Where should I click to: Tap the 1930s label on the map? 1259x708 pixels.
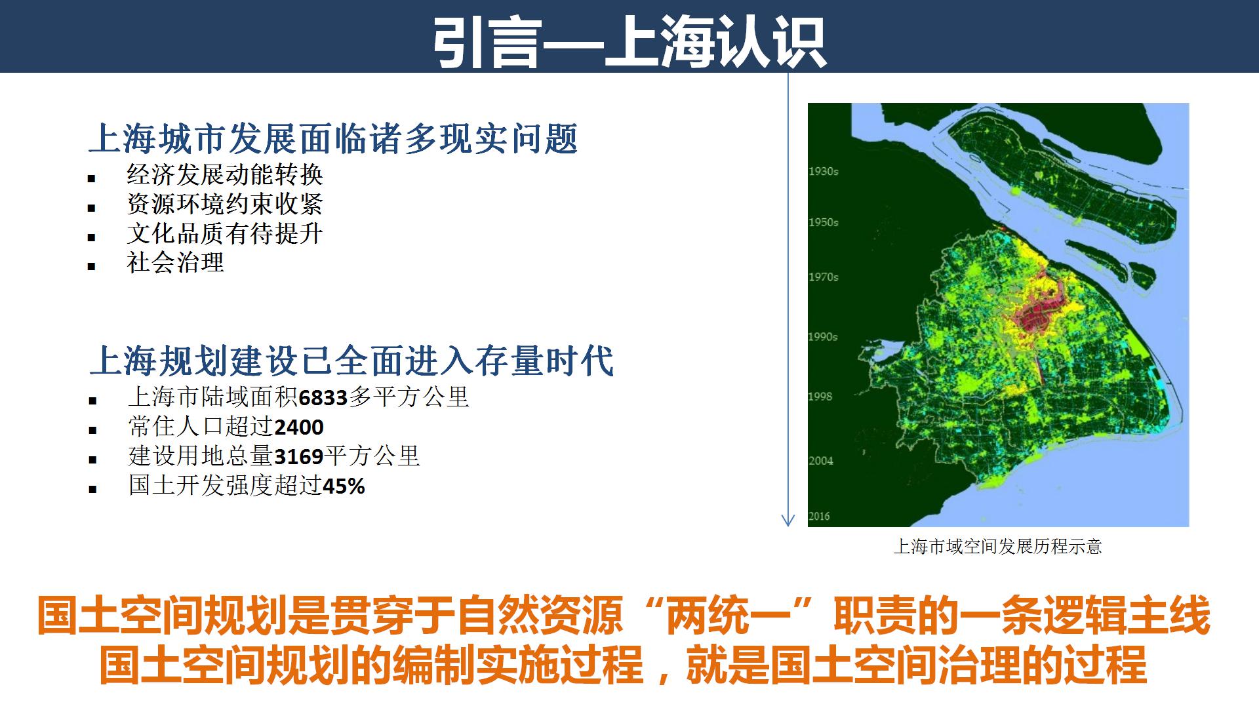pyautogui.click(x=824, y=171)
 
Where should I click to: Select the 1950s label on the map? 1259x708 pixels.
pyautogui.click(x=824, y=222)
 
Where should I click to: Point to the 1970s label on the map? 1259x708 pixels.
pyautogui.click(x=824, y=277)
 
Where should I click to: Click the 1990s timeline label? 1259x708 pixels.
pyautogui.click(x=824, y=336)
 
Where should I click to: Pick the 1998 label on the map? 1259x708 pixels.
pyautogui.click(x=820, y=396)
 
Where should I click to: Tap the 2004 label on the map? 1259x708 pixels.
pyautogui.click(x=821, y=460)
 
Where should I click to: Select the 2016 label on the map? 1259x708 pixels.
pyautogui.click(x=820, y=516)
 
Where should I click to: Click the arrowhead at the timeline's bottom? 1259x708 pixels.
pyautogui.click(x=788, y=521)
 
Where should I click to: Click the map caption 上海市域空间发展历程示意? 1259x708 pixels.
pyautogui.click(x=997, y=547)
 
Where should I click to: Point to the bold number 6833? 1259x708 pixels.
pyautogui.click(x=323, y=397)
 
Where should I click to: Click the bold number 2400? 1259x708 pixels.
pyautogui.click(x=299, y=427)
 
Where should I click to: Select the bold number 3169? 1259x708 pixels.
pyautogui.click(x=299, y=456)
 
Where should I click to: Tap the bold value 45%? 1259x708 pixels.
pyautogui.click(x=344, y=486)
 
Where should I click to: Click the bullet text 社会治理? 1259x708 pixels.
pyautogui.click(x=176, y=263)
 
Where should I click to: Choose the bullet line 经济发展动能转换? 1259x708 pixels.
pyautogui.click(x=225, y=174)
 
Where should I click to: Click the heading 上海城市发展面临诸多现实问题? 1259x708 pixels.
pyautogui.click(x=333, y=139)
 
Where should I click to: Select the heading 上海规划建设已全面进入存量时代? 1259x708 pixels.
pyautogui.click(x=351, y=361)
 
